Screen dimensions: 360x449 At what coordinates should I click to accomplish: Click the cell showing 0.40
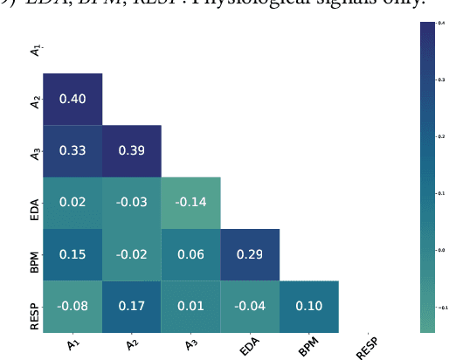(73, 99)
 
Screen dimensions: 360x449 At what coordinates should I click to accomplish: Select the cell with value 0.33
(73, 150)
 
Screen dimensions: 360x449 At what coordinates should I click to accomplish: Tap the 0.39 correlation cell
(131, 150)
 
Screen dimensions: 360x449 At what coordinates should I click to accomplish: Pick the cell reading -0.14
(190, 202)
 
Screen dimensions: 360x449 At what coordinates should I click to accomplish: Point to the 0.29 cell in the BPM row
(250, 254)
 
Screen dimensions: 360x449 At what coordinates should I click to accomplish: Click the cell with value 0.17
(131, 306)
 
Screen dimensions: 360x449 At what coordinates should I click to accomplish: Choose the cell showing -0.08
(73, 306)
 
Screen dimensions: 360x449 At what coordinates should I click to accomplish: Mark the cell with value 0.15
(73, 254)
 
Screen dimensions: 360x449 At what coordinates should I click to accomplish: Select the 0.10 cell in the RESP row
(309, 306)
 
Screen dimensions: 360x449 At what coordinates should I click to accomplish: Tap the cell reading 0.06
(190, 254)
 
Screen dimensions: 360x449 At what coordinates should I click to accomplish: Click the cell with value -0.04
(250, 306)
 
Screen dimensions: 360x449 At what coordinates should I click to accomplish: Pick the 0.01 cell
(190, 306)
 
